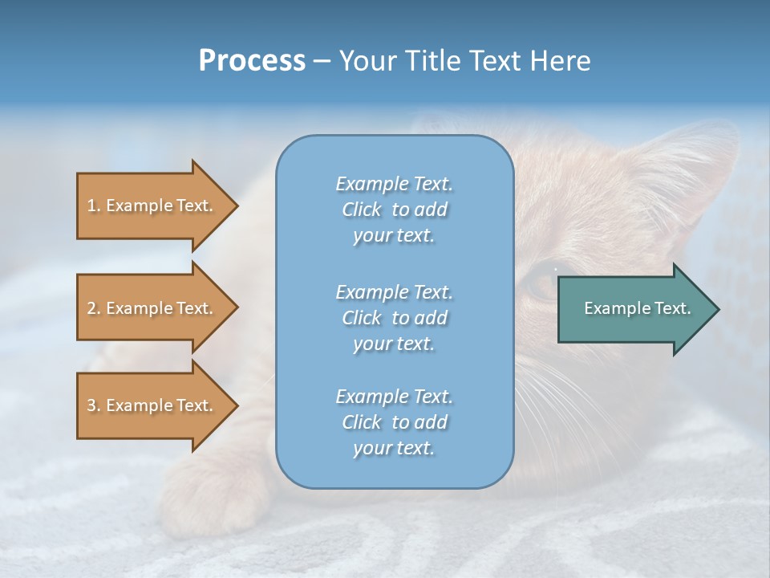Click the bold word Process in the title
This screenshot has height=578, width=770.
click(252, 61)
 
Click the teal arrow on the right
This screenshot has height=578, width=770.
click(634, 309)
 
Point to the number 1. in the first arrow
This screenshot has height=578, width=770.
click(94, 206)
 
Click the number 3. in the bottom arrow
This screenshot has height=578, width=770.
click(94, 406)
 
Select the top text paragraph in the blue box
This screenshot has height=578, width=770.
click(394, 210)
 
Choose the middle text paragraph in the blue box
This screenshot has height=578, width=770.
click(394, 318)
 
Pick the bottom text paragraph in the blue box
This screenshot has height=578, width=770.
click(394, 422)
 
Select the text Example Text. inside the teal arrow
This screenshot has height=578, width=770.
click(638, 308)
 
